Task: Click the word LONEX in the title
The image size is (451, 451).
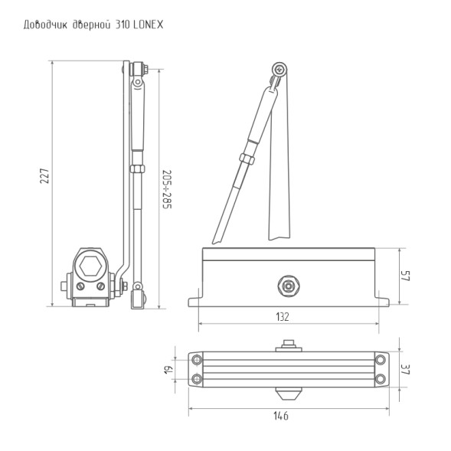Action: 146,25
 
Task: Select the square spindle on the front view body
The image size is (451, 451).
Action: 288,286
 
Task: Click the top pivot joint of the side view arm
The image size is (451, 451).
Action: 137,70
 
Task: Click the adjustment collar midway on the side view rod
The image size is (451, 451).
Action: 137,168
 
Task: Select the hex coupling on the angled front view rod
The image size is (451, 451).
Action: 247,157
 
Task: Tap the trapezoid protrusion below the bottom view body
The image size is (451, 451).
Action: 286,394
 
